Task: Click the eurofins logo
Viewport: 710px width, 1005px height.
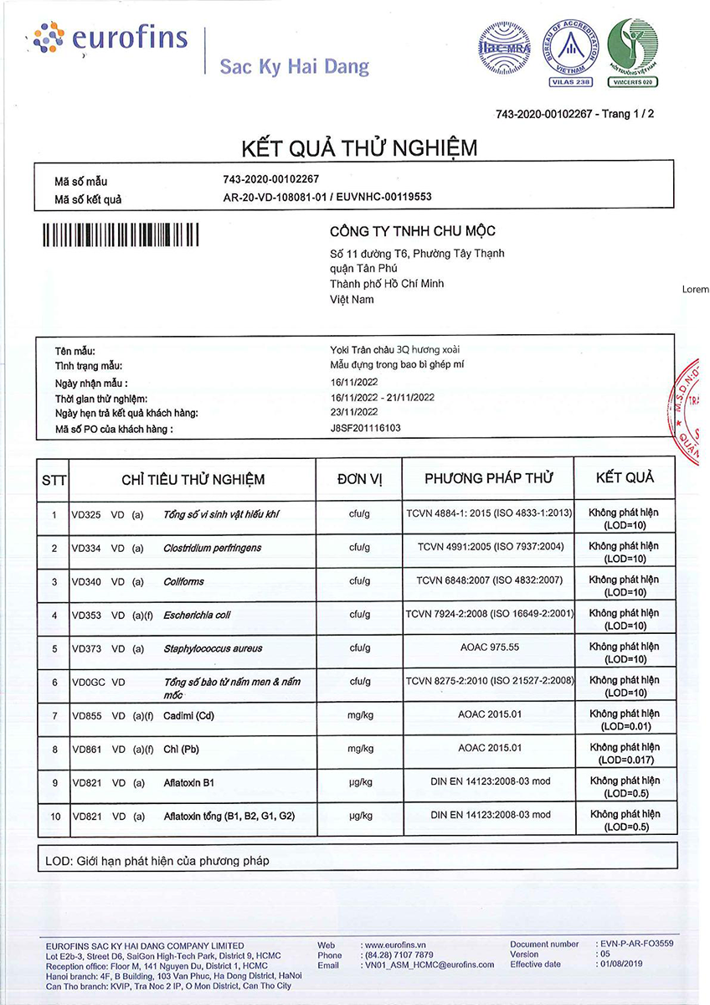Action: [x=109, y=39]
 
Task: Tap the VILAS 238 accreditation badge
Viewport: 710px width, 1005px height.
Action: [x=572, y=53]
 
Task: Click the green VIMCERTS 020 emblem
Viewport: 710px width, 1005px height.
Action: [x=632, y=53]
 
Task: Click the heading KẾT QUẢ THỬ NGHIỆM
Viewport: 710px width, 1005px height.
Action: [x=359, y=148]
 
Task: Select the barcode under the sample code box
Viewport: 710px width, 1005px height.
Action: [x=121, y=234]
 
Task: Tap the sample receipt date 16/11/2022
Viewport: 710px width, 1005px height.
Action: [x=354, y=381]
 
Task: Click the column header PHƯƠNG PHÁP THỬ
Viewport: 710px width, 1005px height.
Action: [x=488, y=478]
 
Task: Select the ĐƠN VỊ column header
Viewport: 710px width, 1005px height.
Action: [x=359, y=479]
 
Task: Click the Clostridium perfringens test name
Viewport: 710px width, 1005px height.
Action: [x=213, y=548]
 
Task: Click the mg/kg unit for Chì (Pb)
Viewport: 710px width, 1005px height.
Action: [x=359, y=748]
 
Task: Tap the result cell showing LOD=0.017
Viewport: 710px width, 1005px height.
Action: [x=624, y=754]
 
